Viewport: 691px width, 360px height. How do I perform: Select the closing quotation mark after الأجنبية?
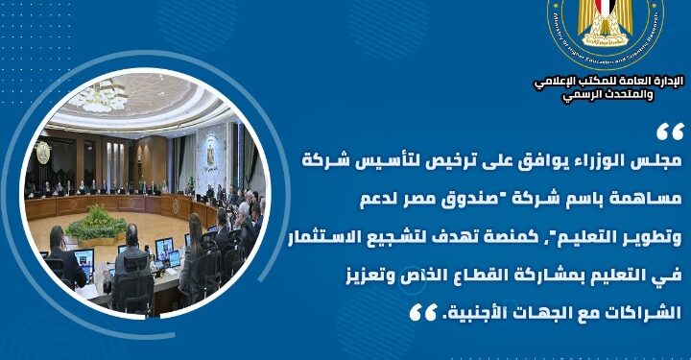coord(419,312)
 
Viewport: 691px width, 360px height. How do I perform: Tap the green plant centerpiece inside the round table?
coord(98,225)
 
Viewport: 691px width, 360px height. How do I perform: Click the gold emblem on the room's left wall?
coord(42,151)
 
